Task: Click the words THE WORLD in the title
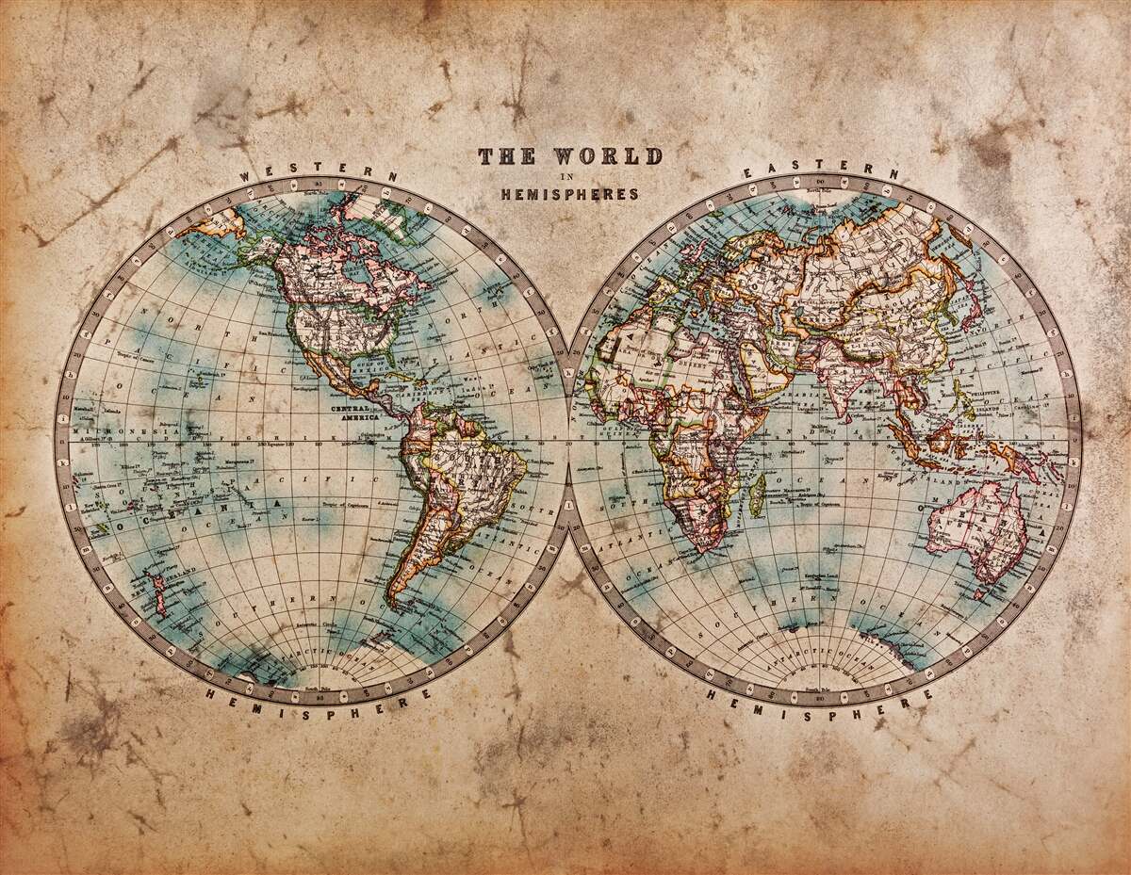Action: (569, 156)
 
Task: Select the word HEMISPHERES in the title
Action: (568, 194)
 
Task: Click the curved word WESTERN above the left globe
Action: (319, 170)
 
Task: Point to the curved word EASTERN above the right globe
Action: (820, 170)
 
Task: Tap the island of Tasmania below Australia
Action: (980, 593)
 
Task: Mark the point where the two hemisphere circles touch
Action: (568, 440)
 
